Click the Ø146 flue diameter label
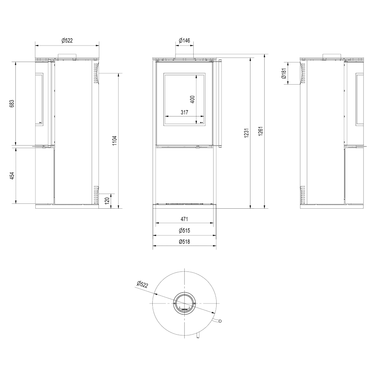click(184, 40)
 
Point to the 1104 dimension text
click(115, 141)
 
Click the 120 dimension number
click(107, 200)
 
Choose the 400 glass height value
click(193, 99)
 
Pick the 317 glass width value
click(184, 112)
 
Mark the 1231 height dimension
click(247, 133)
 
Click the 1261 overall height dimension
click(261, 131)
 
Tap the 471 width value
click(184, 219)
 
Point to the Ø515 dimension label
click(184, 230)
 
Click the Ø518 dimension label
click(184, 241)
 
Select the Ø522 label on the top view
click(143, 284)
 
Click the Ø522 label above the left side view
click(67, 41)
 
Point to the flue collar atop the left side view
click(67, 56)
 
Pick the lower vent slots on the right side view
click(303, 194)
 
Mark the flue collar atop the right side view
click(332, 56)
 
